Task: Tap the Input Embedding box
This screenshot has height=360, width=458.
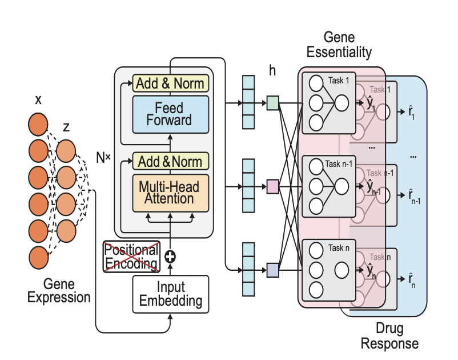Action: pyautogui.click(x=170, y=294)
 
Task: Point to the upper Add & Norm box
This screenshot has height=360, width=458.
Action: pyautogui.click(x=170, y=83)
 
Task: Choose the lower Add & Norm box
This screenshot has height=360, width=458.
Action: pyautogui.click(x=170, y=161)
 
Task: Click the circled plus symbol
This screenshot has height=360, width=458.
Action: pyautogui.click(x=170, y=256)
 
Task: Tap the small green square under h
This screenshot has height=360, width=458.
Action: pyautogui.click(x=272, y=103)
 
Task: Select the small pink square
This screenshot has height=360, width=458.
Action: pyautogui.click(x=272, y=186)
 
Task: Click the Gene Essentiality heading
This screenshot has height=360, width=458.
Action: pyautogui.click(x=339, y=45)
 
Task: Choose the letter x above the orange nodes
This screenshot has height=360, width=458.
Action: pyautogui.click(x=38, y=100)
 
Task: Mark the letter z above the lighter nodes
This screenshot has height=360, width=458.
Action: pyautogui.click(x=66, y=127)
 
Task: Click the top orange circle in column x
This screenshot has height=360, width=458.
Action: pyautogui.click(x=38, y=124)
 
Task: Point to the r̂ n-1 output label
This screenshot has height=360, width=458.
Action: pyautogui.click(x=412, y=197)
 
